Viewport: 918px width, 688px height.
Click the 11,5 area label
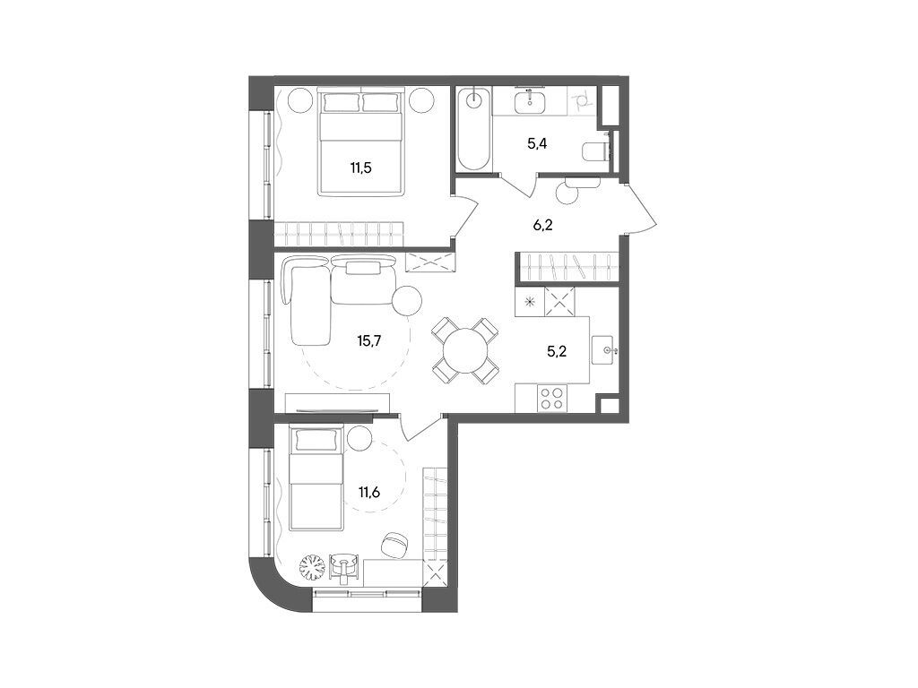pyautogui.click(x=361, y=165)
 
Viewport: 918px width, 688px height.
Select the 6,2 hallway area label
pyautogui.click(x=542, y=225)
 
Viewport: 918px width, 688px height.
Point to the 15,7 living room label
pyautogui.click(x=369, y=340)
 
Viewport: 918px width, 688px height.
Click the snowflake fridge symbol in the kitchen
pyautogui.click(x=530, y=302)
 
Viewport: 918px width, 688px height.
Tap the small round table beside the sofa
pyautogui.click(x=409, y=299)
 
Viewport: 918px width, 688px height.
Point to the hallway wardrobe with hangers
pyautogui.click(x=567, y=267)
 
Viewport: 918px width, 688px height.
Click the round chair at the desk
pyautogui.click(x=395, y=543)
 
